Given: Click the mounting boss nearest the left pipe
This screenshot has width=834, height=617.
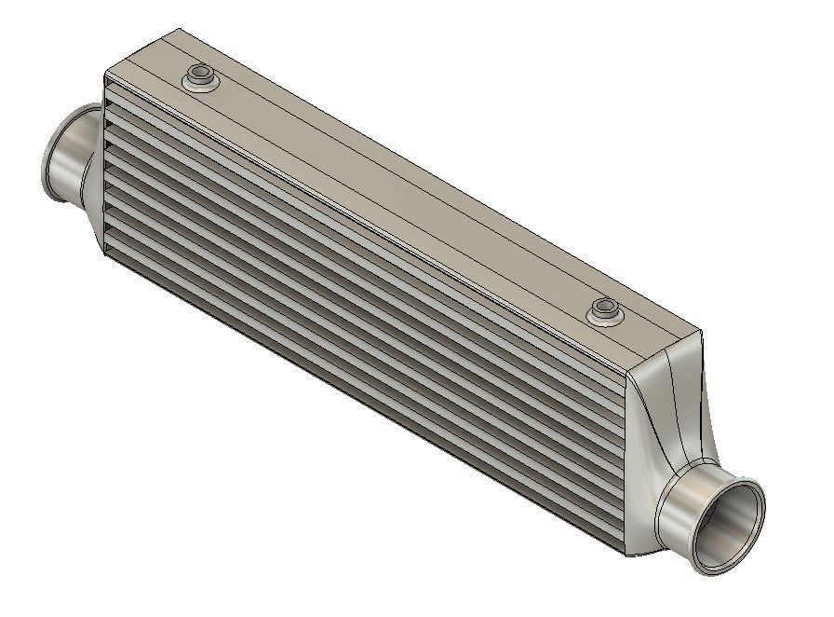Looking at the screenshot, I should click(x=199, y=77).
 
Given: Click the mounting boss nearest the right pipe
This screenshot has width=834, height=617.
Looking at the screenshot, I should click(x=605, y=310).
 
